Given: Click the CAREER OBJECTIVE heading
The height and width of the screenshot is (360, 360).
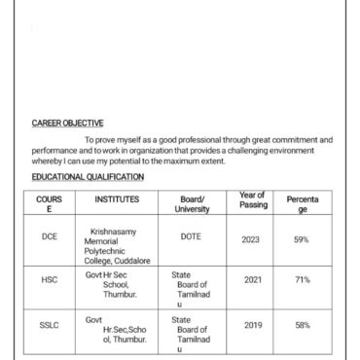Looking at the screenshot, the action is (x=68, y=124).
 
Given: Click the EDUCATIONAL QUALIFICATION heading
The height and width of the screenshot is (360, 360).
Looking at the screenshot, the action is (x=88, y=177).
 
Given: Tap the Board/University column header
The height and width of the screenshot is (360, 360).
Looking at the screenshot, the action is (x=192, y=203).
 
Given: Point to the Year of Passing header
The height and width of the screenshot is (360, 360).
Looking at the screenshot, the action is (x=253, y=200).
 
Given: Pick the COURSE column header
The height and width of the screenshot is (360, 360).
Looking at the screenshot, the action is (x=49, y=203).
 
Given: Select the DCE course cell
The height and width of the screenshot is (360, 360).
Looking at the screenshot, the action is (x=50, y=236).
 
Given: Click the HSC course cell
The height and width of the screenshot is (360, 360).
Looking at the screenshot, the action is (x=50, y=279).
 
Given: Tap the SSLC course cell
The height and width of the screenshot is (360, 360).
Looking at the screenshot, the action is (x=50, y=325).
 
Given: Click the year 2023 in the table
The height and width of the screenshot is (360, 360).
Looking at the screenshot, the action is (x=252, y=238).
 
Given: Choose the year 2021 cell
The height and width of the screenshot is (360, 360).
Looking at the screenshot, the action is (x=253, y=279).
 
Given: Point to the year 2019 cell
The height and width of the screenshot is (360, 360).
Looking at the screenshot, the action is (x=253, y=325).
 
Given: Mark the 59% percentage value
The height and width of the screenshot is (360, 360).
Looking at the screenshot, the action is (x=302, y=238).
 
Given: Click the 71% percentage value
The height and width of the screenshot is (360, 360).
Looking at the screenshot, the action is (x=303, y=279).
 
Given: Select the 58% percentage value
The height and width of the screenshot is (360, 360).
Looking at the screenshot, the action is (x=303, y=325).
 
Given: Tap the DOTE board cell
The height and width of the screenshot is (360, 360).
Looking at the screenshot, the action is (x=191, y=236).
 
